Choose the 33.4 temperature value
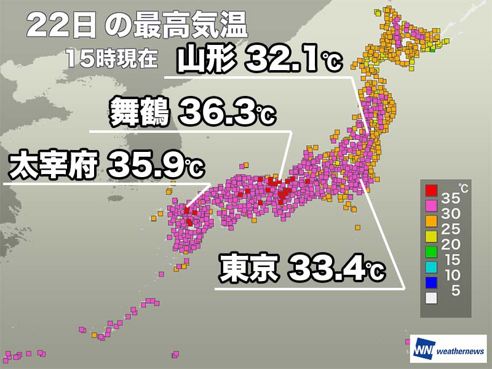pyautogui.click(x=326, y=269)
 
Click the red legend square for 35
pyautogui.click(x=431, y=191)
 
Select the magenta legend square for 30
pyautogui.click(x=431, y=205)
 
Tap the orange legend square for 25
pyautogui.click(x=431, y=221)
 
